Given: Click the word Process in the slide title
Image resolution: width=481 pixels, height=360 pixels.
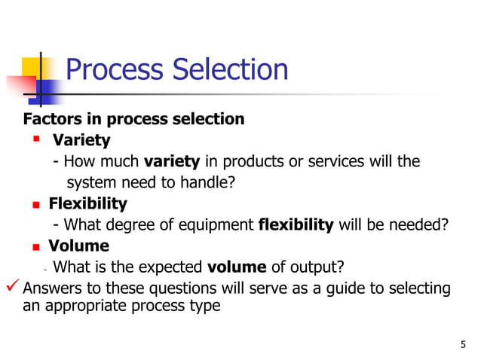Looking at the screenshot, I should coord(114,70).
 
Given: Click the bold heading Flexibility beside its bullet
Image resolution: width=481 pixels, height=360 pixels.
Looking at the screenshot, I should coord(87,203).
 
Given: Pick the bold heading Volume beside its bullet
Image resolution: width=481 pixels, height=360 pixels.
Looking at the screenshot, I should coord(78,246).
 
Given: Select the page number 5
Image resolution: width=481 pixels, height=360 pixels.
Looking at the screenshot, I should coord(462,345).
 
